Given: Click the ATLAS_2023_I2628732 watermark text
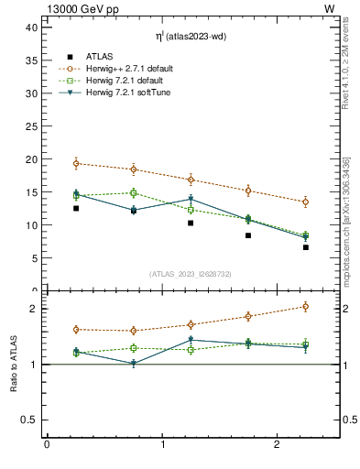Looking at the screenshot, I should (x=191, y=273).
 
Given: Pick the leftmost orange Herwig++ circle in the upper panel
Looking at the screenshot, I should (x=76, y=163).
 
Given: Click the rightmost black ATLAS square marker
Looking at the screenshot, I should (x=306, y=247).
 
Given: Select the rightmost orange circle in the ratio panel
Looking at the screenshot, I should (x=306, y=306).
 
